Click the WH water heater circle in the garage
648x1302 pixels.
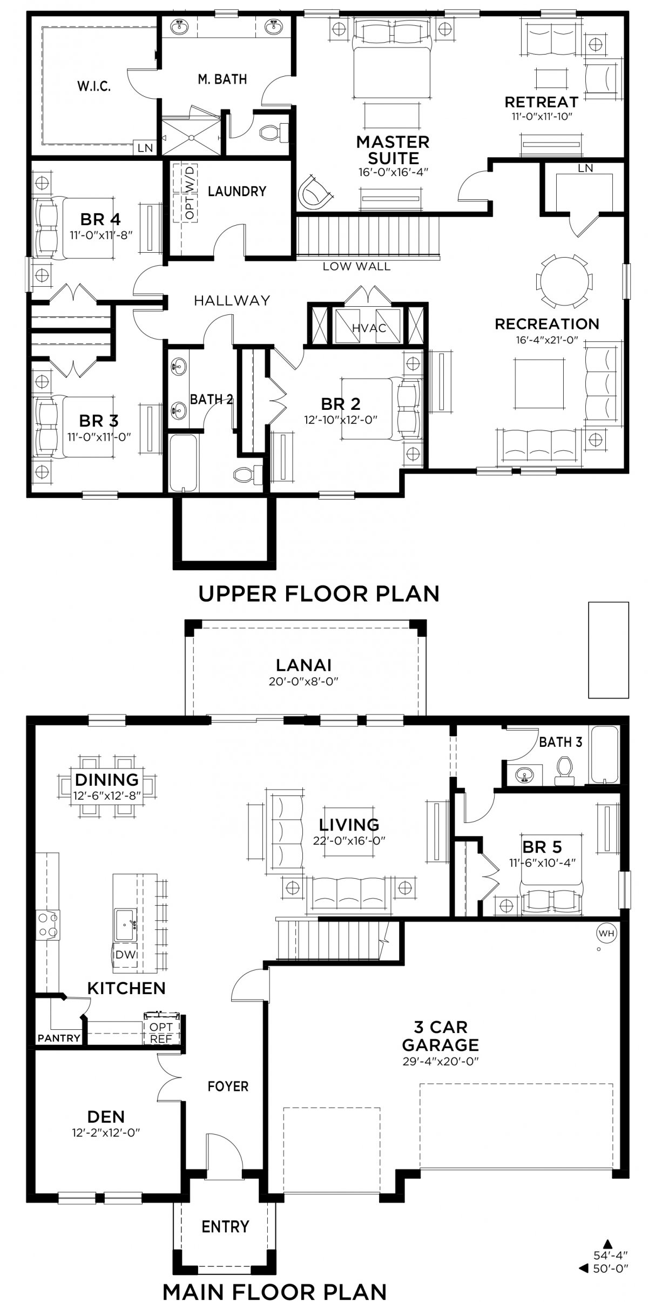coord(606,932)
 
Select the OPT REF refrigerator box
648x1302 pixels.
coord(161,1032)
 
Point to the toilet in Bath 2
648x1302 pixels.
coord(247,474)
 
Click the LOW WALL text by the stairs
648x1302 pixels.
coord(356,266)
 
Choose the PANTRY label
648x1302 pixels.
coord(59,1037)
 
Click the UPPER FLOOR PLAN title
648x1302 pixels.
coord(319,593)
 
